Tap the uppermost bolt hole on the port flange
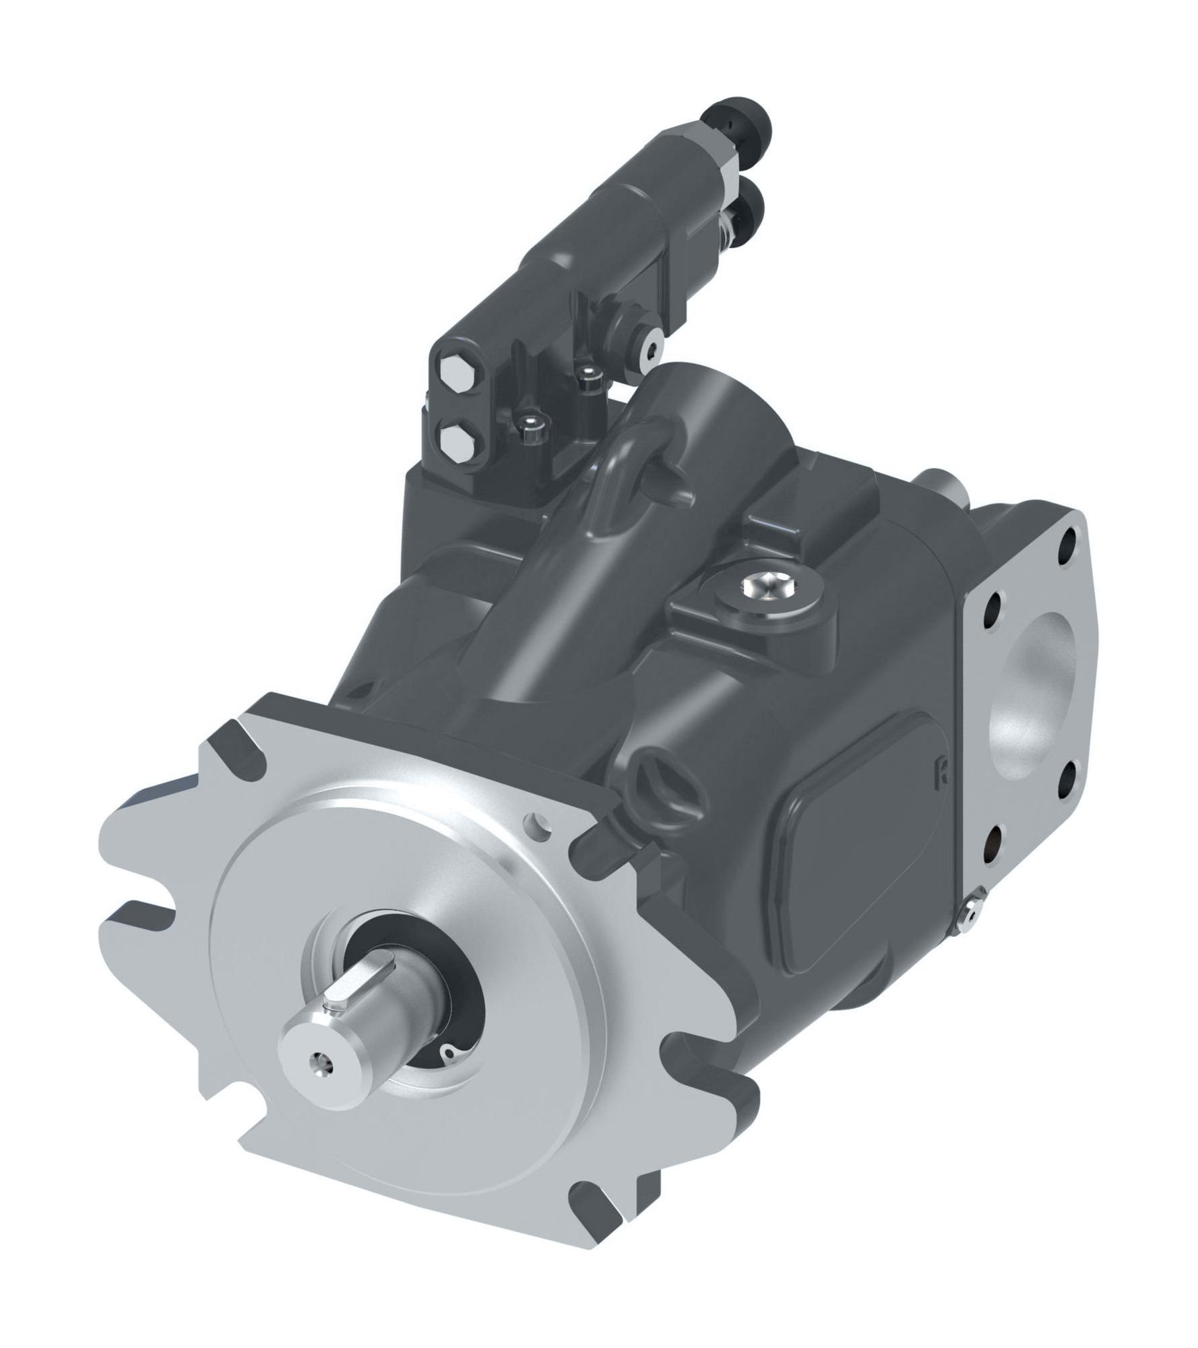coord(1069,539)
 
